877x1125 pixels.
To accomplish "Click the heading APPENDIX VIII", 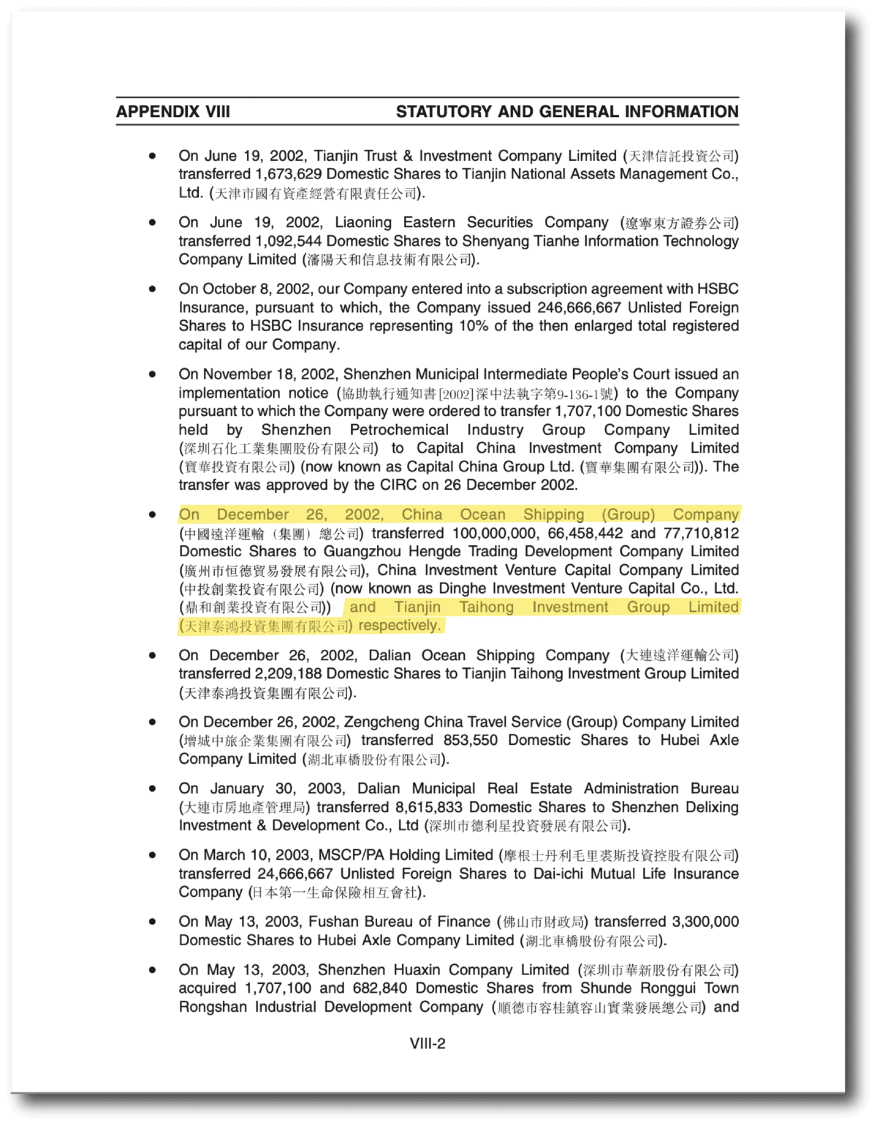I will [x=172, y=112].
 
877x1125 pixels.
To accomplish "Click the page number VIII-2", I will [x=428, y=1043].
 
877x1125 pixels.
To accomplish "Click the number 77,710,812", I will [x=701, y=534].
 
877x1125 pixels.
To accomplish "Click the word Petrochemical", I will [x=399, y=430].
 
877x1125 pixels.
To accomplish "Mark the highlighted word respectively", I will [x=399, y=626].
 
